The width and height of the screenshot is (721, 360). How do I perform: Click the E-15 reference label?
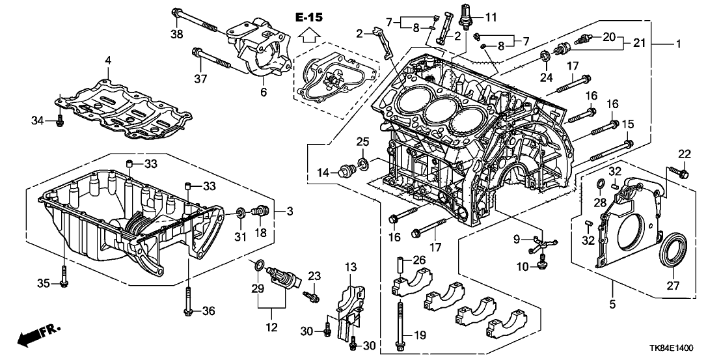coord(310,18)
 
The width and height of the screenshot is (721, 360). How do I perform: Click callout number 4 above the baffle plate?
coord(108,61)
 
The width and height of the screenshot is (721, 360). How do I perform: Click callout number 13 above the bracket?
coord(351,266)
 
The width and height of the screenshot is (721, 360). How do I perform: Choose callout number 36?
coord(208,312)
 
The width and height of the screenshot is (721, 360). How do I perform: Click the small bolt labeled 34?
coord(59,120)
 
